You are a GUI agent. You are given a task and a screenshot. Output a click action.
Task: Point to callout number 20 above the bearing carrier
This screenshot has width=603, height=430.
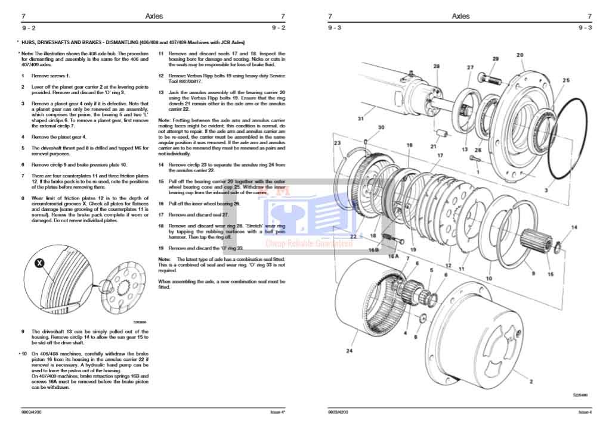point(519,55)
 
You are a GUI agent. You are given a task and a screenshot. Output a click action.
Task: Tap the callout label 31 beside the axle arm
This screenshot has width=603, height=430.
point(360,119)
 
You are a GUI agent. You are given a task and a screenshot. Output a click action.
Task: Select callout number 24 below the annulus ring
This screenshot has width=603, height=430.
point(349,351)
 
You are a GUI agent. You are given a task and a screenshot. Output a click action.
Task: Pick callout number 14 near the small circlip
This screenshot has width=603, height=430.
point(574,228)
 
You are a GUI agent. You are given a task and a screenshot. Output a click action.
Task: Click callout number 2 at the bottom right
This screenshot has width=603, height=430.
point(530,381)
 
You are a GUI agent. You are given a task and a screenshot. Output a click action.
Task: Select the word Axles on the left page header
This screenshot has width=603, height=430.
point(154,17)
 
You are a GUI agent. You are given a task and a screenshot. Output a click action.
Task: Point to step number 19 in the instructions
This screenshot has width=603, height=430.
point(161,248)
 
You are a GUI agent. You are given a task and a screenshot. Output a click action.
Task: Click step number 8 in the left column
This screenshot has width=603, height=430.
point(23,198)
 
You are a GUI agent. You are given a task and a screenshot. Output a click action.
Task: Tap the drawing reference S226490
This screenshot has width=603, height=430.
point(579,395)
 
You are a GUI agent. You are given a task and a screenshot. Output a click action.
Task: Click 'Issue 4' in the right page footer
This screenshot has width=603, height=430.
point(585,412)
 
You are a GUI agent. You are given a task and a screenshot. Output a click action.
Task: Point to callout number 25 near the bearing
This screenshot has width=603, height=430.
point(565,80)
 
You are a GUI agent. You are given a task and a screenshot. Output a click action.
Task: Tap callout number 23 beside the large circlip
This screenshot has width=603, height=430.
point(337,143)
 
